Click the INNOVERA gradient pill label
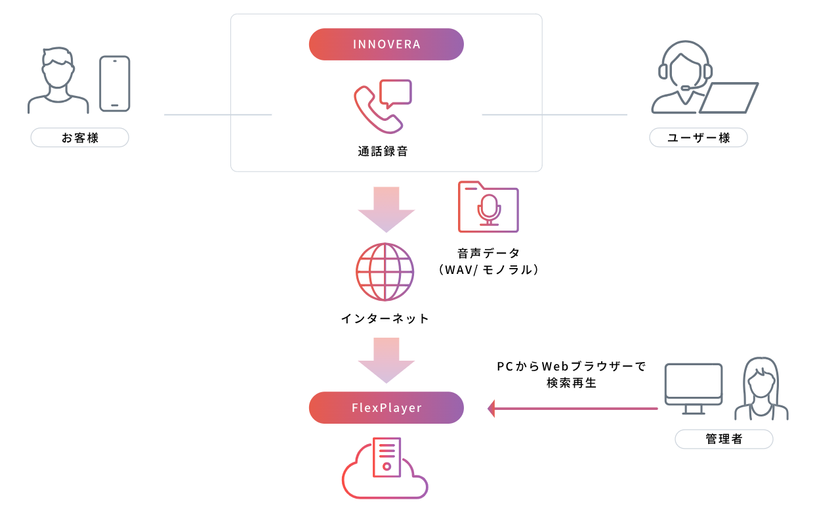pos(386,45)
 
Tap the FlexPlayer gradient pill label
pos(386,408)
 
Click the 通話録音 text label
pos(383,151)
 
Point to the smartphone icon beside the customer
pos(115,83)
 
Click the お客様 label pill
pos(79,138)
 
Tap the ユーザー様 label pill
pos(698,138)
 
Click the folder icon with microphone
pos(488,207)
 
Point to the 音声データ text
pos(488,253)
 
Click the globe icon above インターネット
pos(385,272)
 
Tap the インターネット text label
pos(385,319)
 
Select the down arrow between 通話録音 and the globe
pos(386,209)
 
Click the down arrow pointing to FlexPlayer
pos(386,360)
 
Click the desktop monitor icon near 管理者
pos(693,388)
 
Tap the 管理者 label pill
pos(724,439)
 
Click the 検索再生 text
pos(571,383)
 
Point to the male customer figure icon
pos(58,80)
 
